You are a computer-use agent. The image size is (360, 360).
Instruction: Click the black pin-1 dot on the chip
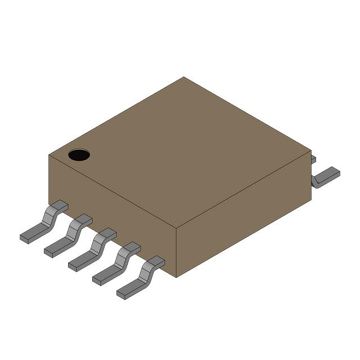[79, 155]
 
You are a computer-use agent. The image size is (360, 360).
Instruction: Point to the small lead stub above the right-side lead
[313, 160]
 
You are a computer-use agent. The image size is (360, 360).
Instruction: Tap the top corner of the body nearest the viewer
[177, 229]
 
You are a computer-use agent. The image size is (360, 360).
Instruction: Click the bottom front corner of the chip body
[177, 277]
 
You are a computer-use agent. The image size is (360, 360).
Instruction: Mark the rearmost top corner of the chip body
[184, 77]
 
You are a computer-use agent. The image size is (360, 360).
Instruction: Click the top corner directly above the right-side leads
[311, 150]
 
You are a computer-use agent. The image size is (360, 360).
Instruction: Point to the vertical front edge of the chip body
[177, 253]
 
